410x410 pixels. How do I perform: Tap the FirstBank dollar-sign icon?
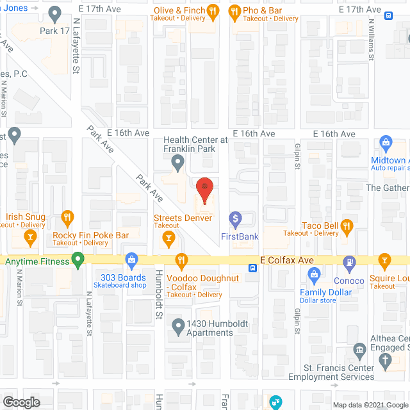[235, 220]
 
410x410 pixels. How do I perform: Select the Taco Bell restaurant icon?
[347, 225]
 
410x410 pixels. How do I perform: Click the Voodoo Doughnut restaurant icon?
[181, 260]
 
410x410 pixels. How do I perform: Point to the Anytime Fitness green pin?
[78, 260]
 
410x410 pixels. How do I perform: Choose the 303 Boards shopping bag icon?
[132, 260]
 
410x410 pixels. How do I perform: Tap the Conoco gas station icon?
[349, 261]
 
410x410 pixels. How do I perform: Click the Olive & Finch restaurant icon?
[214, 10]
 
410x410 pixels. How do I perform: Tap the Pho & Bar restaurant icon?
[234, 10]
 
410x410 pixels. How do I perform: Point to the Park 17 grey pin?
[54, 12]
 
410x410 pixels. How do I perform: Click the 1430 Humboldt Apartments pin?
[179, 329]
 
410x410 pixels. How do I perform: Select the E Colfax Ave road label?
[287, 261]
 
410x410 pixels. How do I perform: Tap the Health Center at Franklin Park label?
[195, 145]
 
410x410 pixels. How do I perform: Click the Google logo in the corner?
[20, 402]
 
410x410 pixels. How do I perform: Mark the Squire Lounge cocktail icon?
[384, 260]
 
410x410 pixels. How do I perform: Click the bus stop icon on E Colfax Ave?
[254, 268]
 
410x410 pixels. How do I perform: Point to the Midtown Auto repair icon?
[386, 142]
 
